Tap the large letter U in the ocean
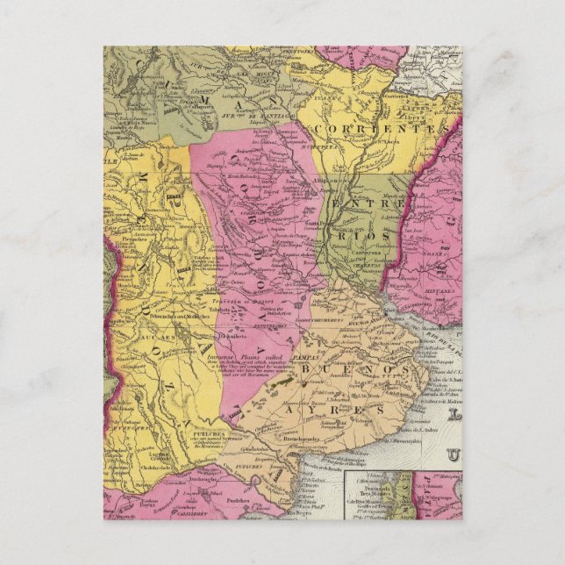pos(454,455)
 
